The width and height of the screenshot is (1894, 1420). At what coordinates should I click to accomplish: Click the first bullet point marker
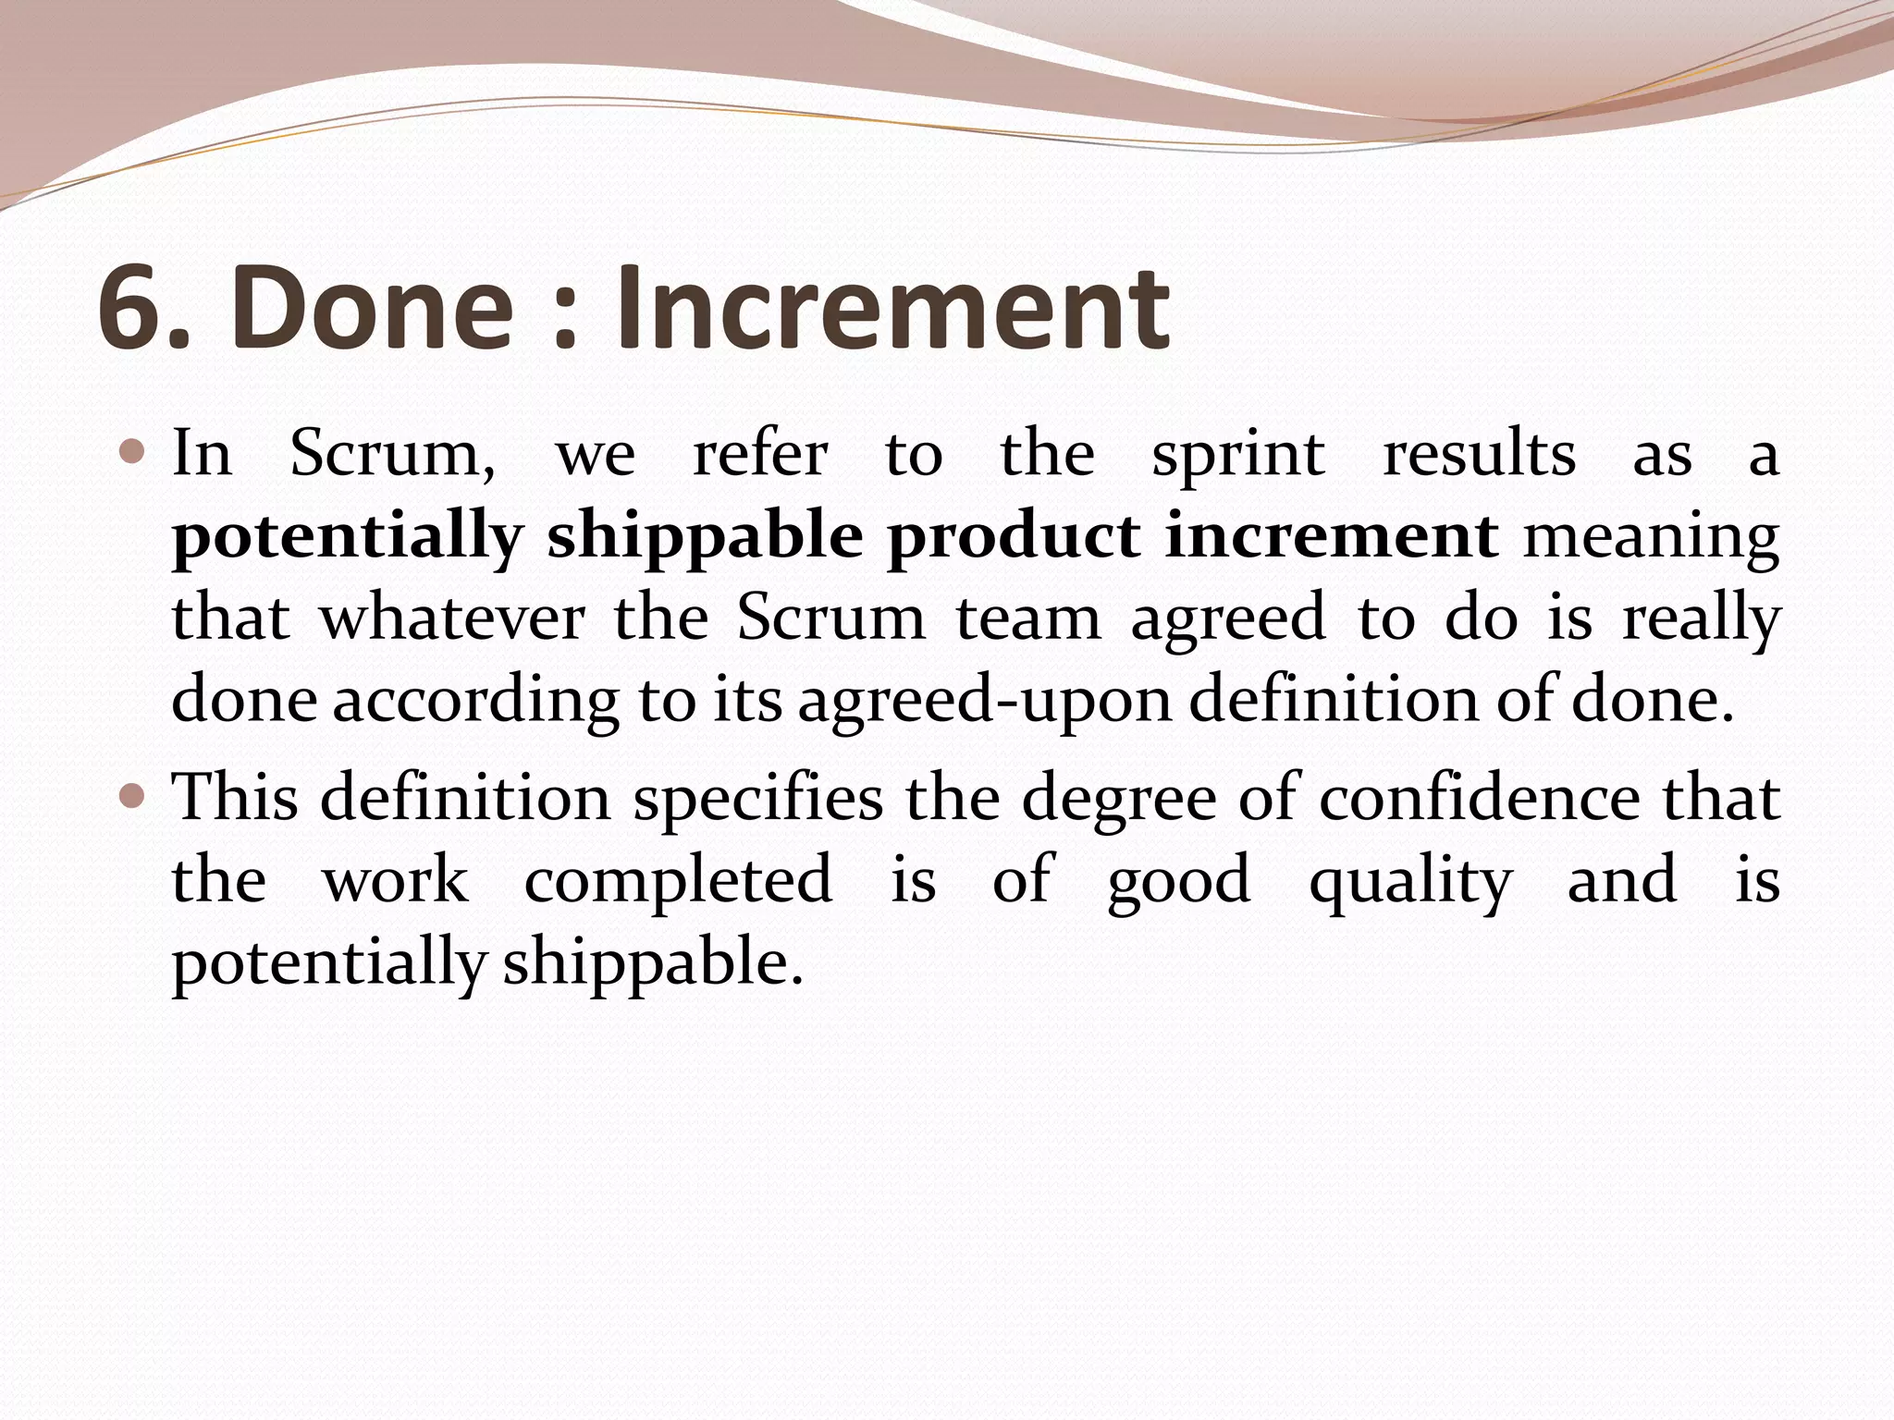click(132, 453)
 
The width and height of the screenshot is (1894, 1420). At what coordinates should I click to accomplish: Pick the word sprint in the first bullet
click(1237, 456)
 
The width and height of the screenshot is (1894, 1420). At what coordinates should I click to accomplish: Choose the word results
click(1479, 454)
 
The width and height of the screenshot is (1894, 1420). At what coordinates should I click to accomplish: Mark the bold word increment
click(1331, 536)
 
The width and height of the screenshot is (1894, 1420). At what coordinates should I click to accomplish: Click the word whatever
click(452, 618)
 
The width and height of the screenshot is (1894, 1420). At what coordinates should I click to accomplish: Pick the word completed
click(678, 880)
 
